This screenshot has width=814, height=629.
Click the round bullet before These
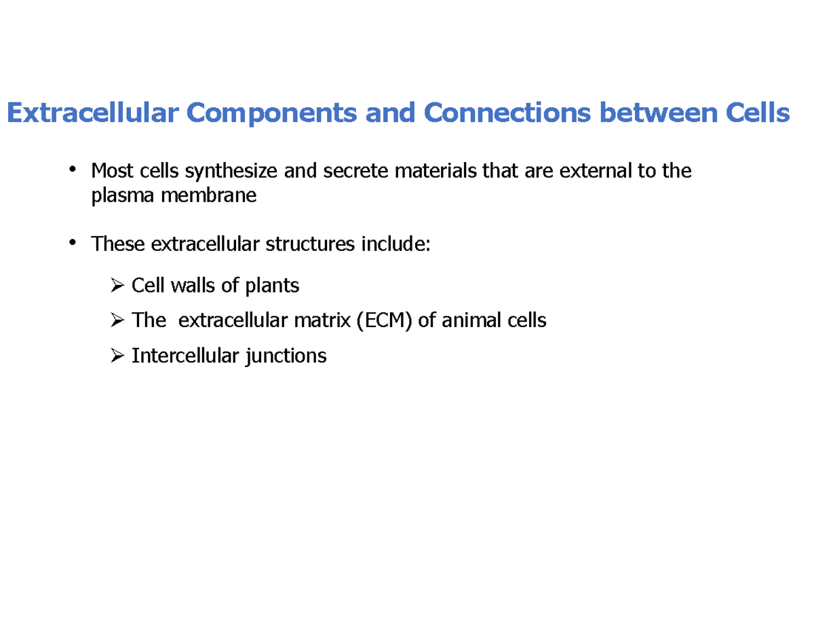(72, 241)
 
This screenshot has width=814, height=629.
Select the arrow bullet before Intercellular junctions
(117, 355)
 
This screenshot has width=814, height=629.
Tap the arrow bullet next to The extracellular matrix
(117, 320)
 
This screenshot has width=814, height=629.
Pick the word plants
(272, 286)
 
